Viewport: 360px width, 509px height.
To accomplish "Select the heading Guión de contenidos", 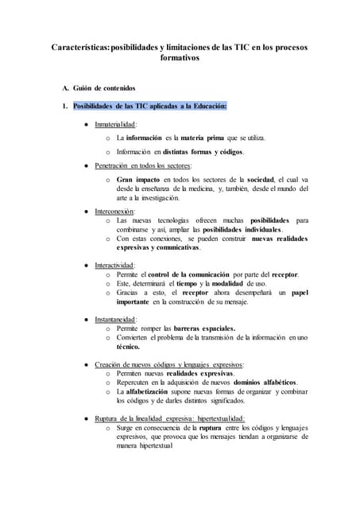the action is click(104, 87).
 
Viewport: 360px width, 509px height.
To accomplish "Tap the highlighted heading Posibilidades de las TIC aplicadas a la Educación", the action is click(149, 106).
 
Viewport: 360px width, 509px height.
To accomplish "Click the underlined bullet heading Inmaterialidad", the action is click(116, 124).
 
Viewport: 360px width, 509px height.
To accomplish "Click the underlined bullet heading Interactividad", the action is click(114, 265).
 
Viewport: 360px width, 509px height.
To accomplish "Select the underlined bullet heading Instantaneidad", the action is click(116, 319).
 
